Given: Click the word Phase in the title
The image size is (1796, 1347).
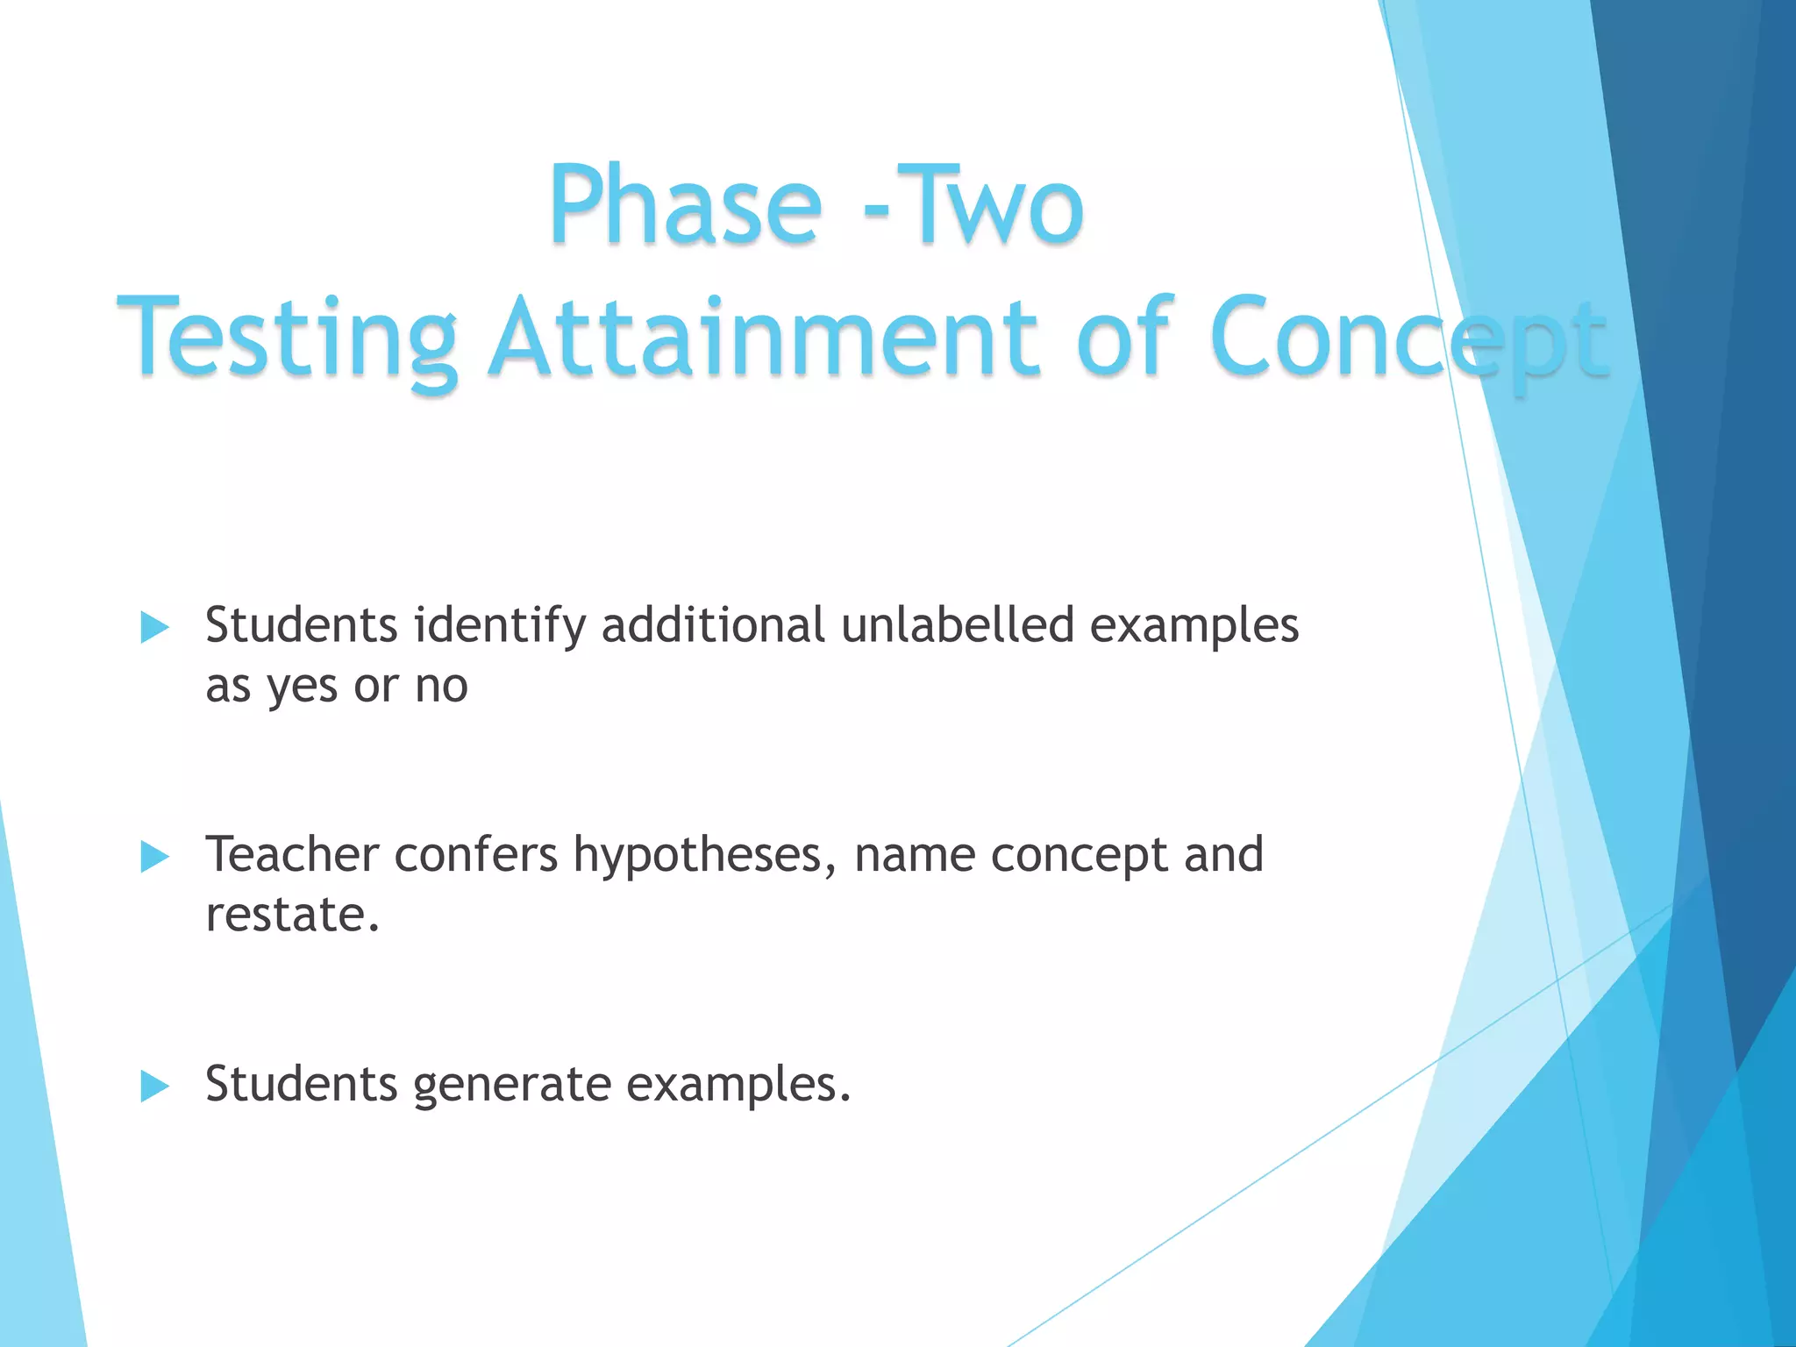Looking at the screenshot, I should pos(685,206).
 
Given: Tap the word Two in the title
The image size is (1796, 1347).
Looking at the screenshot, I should pos(990,206).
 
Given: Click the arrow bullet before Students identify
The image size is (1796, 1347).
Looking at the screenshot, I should pos(154,628).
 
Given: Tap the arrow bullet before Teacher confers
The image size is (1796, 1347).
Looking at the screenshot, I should pos(154,857).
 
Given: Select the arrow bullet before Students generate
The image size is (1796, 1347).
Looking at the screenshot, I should pos(154,1087).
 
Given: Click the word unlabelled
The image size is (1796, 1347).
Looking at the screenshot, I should pos(957,625).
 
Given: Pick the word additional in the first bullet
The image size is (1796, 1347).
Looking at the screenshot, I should pos(712,625).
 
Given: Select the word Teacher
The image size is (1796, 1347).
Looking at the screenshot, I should pos(292,854).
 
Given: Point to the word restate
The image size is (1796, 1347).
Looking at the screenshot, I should pos(292,915).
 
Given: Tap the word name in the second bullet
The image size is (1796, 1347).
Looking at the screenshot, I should pos(914,856).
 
